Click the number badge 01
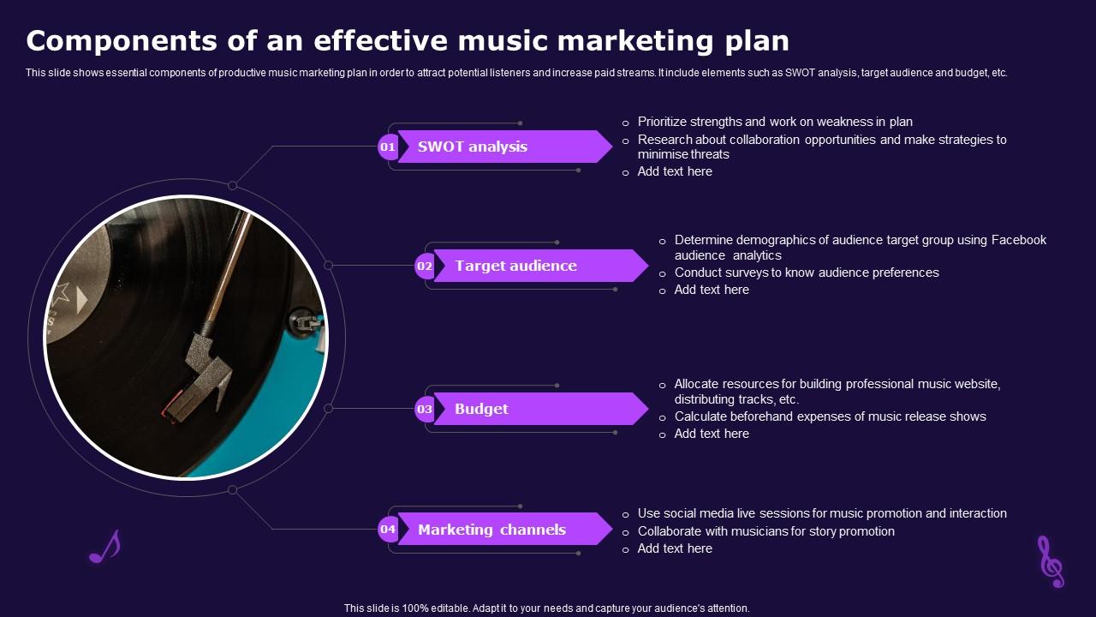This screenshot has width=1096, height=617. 388,147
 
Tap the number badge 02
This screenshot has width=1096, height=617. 425,267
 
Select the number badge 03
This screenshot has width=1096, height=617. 425,410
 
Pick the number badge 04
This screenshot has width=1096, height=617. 388,530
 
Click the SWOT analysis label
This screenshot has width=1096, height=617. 473,147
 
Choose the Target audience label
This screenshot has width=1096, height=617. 515,266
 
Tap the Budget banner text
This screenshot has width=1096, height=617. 481,409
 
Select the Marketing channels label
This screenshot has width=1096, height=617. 491,530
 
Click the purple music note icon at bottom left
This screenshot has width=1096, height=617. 104,547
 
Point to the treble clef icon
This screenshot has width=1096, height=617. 1049,561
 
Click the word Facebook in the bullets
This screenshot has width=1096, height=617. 1019,240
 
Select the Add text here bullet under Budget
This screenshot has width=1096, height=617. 712,434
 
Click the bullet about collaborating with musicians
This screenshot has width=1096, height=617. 765,531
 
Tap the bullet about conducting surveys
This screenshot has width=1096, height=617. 807,273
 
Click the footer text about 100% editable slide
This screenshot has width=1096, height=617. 546,608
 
